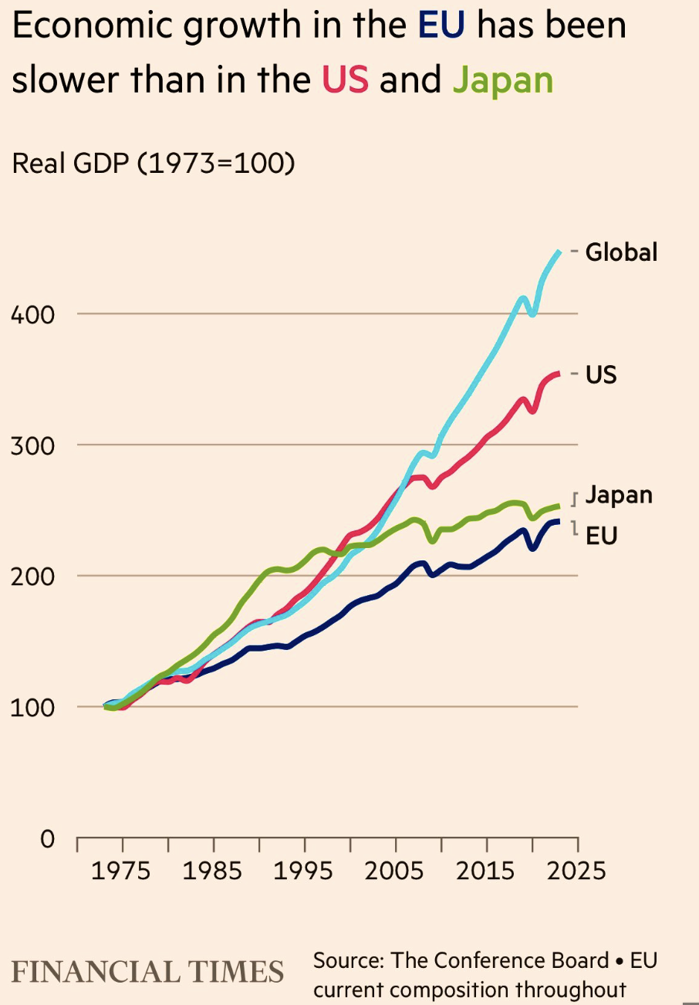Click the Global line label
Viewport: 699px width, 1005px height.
pos(621,252)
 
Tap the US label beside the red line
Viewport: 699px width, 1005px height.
pos(601,374)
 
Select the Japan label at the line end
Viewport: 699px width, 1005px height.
pos(619,496)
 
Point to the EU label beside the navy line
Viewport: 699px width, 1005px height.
pos(602,536)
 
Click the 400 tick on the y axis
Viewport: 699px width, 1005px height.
pos(32,314)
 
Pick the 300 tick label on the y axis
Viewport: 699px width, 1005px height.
pos(32,445)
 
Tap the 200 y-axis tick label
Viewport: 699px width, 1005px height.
pos(32,577)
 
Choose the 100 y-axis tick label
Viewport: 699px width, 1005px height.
pos(32,708)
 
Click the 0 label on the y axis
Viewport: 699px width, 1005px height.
pos(48,838)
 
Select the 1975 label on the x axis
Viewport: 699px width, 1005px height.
pos(120,871)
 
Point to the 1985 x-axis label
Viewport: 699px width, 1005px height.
pos(212,871)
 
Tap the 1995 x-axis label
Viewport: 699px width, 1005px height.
pos(303,871)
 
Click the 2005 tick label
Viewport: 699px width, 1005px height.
pos(394,871)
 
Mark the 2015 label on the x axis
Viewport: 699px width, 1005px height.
pos(485,871)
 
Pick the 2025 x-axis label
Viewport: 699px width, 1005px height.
pos(576,871)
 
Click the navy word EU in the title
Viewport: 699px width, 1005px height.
pos(441,25)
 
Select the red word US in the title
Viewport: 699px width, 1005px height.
pos(345,79)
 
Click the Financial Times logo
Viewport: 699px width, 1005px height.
pos(147,972)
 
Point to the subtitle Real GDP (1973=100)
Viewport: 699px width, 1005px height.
pos(154,163)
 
